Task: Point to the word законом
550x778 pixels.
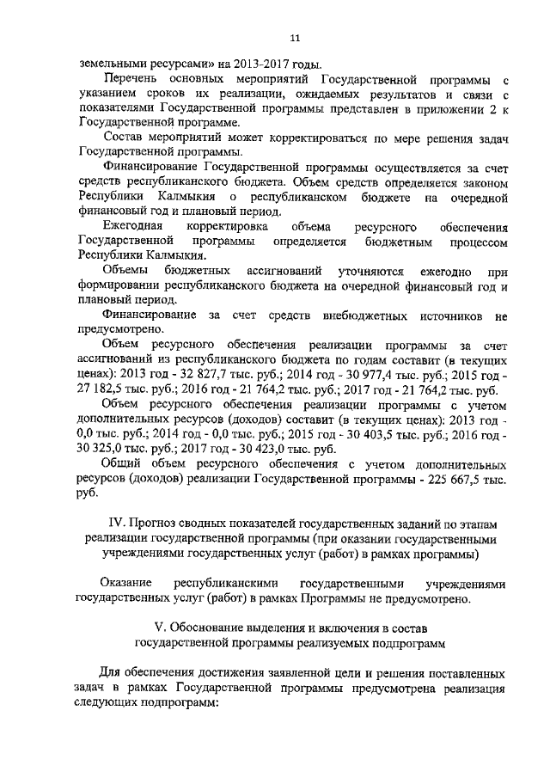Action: click(x=481, y=182)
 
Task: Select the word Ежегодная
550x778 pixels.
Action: click(x=130, y=227)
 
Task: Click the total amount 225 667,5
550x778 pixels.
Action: click(x=458, y=479)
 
